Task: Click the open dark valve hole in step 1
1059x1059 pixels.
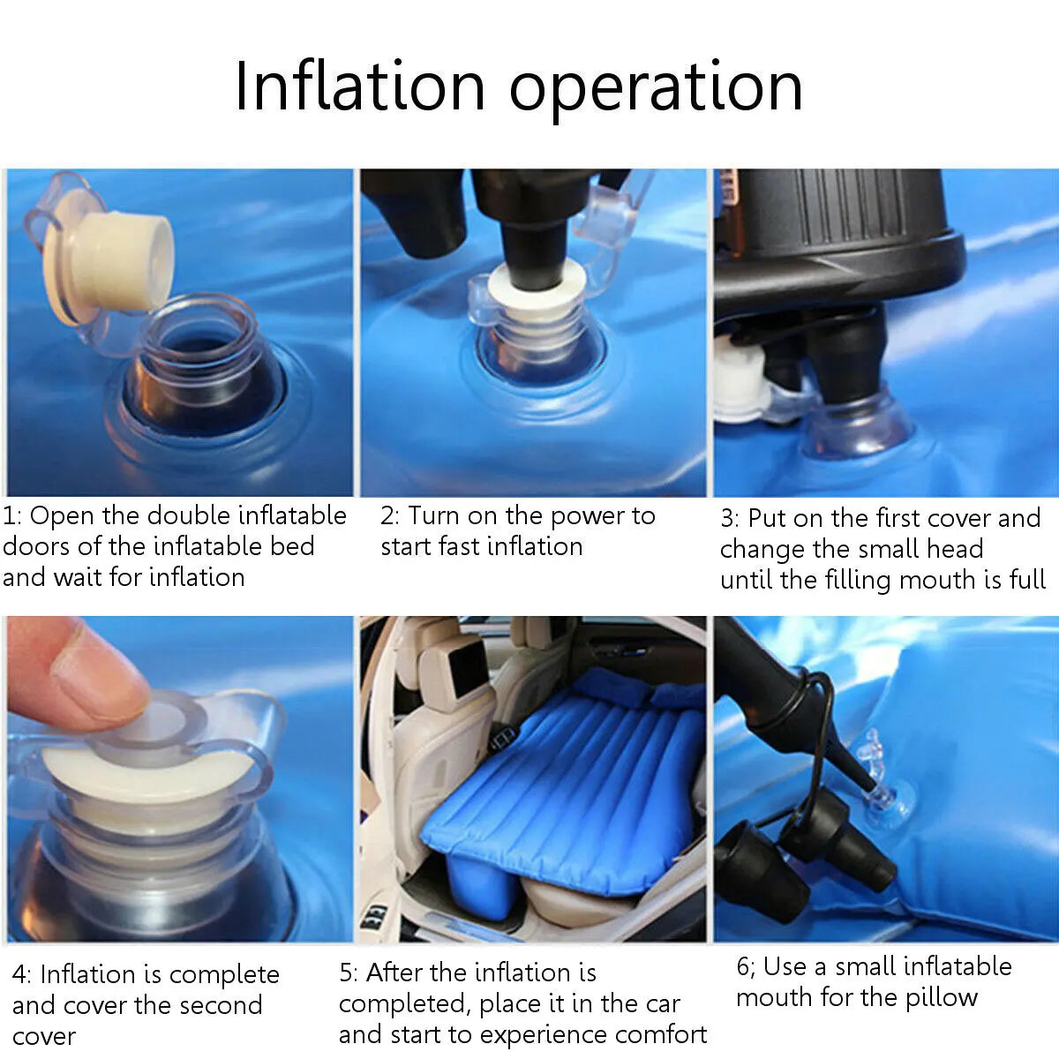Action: tap(207, 379)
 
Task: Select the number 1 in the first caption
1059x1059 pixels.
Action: tap(11, 516)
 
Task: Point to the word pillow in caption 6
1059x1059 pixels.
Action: tap(942, 998)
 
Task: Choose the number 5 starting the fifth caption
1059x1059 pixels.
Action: tap(346, 973)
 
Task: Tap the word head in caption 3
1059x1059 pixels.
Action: tap(955, 549)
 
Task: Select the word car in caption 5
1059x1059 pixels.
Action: tap(661, 1005)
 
